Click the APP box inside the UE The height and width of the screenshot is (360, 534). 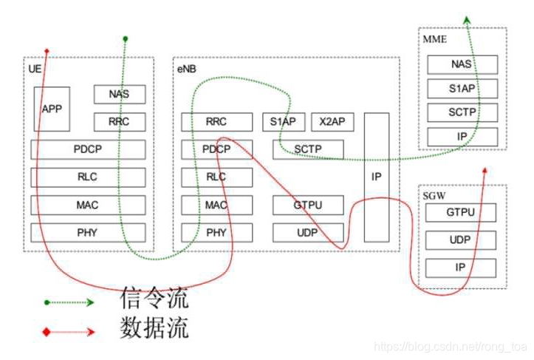tap(52, 109)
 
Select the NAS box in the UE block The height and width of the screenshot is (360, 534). tap(120, 95)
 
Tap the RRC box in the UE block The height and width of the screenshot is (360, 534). tap(120, 122)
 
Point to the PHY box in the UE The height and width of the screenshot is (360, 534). tap(87, 233)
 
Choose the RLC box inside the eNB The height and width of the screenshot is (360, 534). tap(216, 177)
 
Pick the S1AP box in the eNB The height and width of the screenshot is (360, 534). tap(284, 122)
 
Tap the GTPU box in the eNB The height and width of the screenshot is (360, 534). tap(308, 205)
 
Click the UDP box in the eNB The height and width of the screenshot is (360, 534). tap(308, 233)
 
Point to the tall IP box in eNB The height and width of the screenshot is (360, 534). tap(376, 177)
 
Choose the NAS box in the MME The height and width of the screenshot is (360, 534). tap(462, 64)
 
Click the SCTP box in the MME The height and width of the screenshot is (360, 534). tap(462, 113)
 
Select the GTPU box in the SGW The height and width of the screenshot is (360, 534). tap(460, 213)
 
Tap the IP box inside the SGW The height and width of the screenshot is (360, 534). tap(460, 267)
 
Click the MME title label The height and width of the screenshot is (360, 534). tap(435, 38)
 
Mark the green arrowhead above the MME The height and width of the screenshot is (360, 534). tap(467, 20)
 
